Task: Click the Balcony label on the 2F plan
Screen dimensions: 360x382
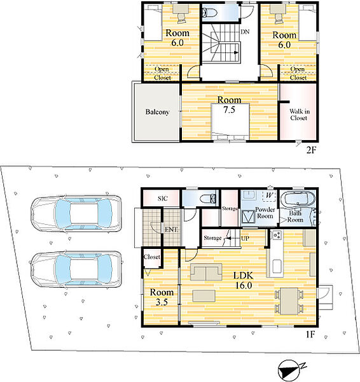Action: (157, 112)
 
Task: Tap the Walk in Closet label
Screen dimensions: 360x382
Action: (300, 115)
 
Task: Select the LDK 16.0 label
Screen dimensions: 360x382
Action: (244, 280)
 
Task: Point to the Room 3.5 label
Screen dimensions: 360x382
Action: (162, 297)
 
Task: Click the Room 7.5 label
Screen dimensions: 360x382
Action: (229, 105)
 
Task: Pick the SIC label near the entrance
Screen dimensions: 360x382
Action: (162, 198)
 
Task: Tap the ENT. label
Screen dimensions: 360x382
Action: (171, 229)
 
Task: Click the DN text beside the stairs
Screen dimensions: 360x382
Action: (245, 32)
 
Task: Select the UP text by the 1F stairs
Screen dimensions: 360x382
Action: (245, 238)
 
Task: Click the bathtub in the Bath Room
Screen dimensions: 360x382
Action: (298, 200)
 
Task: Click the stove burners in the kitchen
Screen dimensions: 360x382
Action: (277, 235)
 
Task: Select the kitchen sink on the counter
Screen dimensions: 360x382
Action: (277, 266)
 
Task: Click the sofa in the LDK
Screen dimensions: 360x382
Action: (206, 272)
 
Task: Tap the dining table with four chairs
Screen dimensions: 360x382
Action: (289, 301)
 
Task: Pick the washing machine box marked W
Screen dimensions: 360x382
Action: (269, 195)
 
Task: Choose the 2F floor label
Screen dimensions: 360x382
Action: (311, 150)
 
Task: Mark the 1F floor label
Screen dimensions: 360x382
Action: (310, 334)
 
